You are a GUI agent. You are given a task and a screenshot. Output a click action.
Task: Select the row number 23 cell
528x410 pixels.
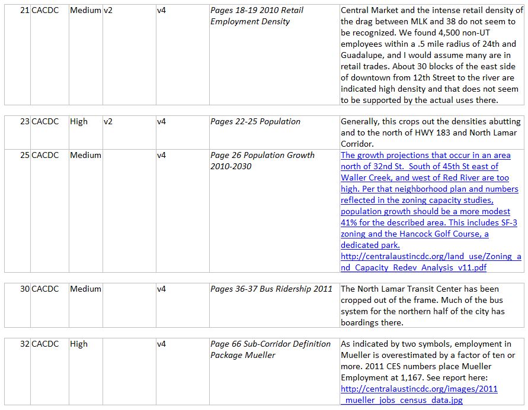pyautogui.click(x=24, y=121)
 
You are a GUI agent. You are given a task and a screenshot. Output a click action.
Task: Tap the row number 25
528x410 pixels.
pyautogui.click(x=24, y=155)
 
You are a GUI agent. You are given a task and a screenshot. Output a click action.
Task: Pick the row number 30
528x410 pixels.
pyautogui.click(x=24, y=289)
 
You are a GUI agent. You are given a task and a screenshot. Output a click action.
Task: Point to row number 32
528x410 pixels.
pyautogui.click(x=24, y=344)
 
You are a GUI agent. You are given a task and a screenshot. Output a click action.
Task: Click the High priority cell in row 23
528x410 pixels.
pyautogui.click(x=79, y=121)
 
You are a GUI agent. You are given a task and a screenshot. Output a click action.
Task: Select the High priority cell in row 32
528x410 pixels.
pyautogui.click(x=79, y=344)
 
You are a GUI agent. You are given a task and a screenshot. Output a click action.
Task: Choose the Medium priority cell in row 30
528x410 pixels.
pyautogui.click(x=85, y=289)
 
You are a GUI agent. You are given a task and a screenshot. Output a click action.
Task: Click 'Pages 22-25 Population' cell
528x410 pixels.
pyautogui.click(x=255, y=121)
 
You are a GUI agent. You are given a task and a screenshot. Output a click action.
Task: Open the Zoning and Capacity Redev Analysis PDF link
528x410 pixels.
pyautogui.click(x=431, y=262)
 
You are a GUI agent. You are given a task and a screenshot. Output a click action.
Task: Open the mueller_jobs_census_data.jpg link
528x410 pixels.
pyautogui.click(x=419, y=395)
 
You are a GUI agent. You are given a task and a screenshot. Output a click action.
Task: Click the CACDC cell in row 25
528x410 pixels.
pyautogui.click(x=45, y=155)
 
